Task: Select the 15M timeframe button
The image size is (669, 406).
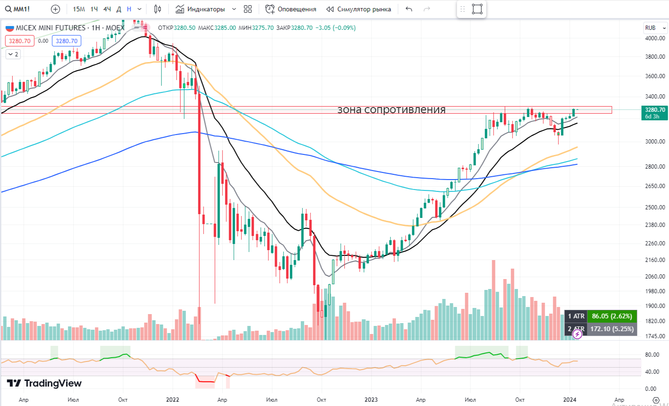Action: click(x=79, y=9)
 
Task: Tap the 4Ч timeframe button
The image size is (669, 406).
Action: click(x=107, y=9)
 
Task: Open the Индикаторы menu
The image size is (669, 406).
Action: click(x=201, y=9)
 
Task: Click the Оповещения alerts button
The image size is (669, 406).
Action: click(x=291, y=9)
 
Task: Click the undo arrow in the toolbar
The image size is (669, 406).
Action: click(x=409, y=9)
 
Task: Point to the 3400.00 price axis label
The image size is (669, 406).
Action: click(x=655, y=96)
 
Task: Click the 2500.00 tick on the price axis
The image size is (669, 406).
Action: click(x=655, y=207)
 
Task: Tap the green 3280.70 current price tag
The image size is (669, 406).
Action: click(x=655, y=113)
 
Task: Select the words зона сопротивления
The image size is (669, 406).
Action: click(x=391, y=110)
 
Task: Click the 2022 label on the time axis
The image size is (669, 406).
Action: click(x=173, y=399)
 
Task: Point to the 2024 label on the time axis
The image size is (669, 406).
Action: click(x=570, y=399)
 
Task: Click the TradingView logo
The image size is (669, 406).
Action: click(x=44, y=383)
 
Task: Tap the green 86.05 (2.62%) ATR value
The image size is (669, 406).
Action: click(x=612, y=316)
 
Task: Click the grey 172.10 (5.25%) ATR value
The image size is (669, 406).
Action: click(x=612, y=329)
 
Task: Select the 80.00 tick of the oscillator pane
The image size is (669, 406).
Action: click(x=652, y=355)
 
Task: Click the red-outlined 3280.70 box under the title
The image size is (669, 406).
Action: click(x=20, y=41)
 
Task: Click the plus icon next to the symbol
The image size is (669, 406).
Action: click(x=55, y=9)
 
